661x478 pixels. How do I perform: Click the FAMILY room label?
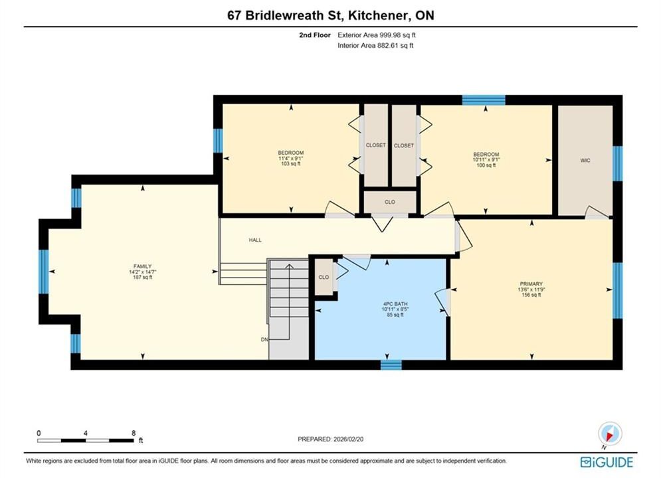pos(142,266)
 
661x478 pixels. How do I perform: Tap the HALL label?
pos(255,240)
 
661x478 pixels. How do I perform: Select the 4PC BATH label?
pos(395,303)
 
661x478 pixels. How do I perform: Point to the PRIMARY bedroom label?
pos(531,284)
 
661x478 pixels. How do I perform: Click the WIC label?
pos(585,161)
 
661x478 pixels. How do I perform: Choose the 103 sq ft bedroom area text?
pos(290,163)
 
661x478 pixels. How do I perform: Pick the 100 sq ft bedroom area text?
pos(486,165)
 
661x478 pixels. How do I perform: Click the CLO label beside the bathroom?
pos(324,277)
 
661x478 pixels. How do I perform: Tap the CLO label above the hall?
pos(390,202)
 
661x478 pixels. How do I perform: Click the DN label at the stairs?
pos(264,339)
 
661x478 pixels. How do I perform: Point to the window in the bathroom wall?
pos(391,364)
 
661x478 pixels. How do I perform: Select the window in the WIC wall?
pos(617,163)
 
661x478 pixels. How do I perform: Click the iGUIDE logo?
pos(607,462)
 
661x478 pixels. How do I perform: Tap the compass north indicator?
pos(610,434)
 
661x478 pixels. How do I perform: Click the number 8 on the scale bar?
pos(134,433)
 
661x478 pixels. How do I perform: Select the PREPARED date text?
pos(331,439)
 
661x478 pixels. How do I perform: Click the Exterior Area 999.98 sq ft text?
pos(377,35)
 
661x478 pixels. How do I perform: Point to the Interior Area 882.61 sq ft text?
pos(375,46)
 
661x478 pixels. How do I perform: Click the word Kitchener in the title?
pos(379,15)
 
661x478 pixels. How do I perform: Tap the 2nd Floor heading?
pos(315,35)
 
